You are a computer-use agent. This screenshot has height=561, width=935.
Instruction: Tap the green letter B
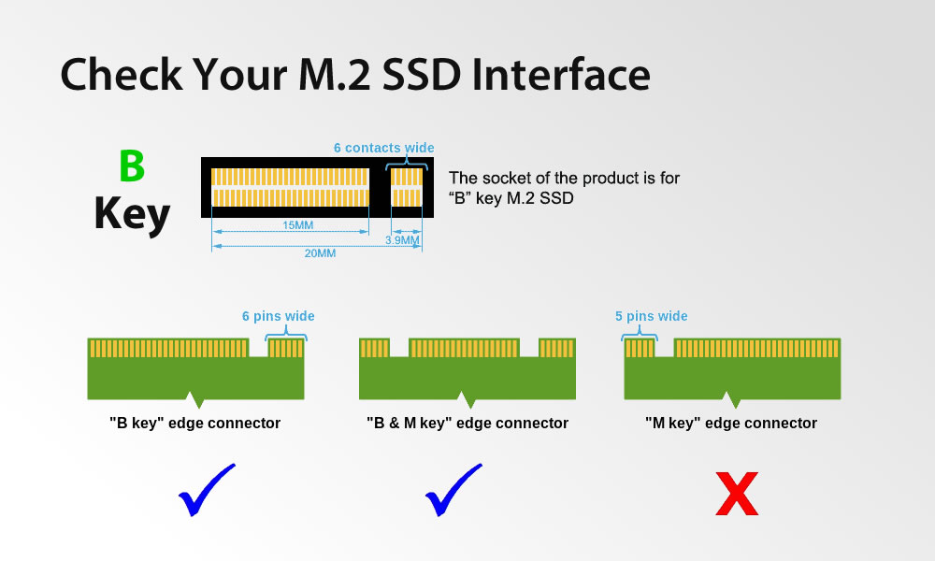pos(132,166)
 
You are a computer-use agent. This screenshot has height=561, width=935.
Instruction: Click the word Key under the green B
pos(132,214)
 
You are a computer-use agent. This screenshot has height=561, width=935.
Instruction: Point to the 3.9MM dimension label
pos(402,240)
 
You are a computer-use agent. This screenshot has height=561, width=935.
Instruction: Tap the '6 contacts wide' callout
pos(383,148)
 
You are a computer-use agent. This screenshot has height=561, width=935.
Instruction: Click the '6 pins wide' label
pos(278,316)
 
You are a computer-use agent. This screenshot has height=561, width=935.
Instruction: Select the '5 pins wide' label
pos(651,316)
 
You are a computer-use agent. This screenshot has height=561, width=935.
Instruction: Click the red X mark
pos(736,495)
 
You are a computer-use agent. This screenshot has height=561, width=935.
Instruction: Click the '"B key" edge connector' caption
pos(194,424)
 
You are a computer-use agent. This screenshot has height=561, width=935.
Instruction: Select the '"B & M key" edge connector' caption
pos(467,424)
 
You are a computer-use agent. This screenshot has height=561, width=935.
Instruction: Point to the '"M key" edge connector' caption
pos(730,424)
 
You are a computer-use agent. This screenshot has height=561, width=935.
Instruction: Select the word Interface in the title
pos(560,74)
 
